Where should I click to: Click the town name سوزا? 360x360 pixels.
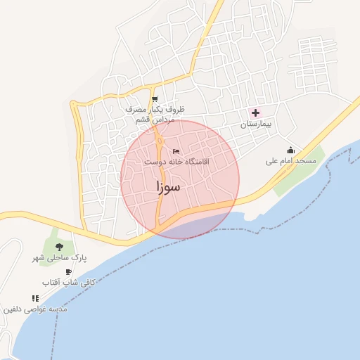coord(168,186)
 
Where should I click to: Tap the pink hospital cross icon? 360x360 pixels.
coord(255,112)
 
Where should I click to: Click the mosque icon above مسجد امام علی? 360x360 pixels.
coord(290,150)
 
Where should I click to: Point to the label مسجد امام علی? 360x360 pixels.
coord(290,161)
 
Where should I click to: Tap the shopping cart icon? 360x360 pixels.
coord(155,99)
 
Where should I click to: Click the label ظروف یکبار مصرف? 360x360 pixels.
coord(155,110)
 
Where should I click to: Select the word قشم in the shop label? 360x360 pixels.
coord(144,120)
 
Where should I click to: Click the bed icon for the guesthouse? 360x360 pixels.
coord(176,151)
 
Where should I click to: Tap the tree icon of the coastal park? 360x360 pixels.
coord(59,246)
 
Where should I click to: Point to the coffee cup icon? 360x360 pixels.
coord(68,272)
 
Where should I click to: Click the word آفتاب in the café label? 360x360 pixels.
coord(50,283)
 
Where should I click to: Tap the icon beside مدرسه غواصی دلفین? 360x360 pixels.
coord(35,299)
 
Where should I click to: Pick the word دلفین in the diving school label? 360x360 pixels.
coord(15,309)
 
